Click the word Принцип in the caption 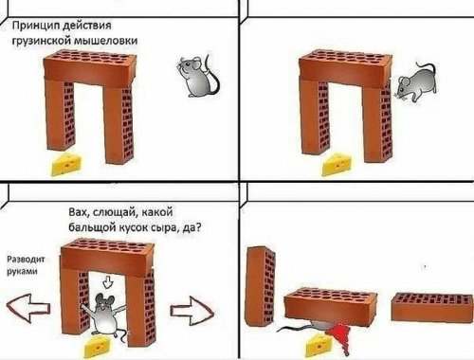click(x=35, y=26)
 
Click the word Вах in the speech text click(x=77, y=212)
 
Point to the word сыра click(x=165, y=227)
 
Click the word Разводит click(x=26, y=260)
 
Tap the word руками click(x=22, y=271)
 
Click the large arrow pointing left click(x=28, y=309)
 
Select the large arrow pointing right click(x=191, y=311)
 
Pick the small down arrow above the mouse click(x=108, y=281)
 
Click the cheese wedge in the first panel click(x=67, y=164)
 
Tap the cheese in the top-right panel click(x=337, y=164)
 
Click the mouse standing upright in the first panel click(x=197, y=75)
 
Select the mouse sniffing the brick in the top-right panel click(x=416, y=82)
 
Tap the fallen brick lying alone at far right click(x=432, y=307)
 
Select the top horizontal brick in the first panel click(x=90, y=67)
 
